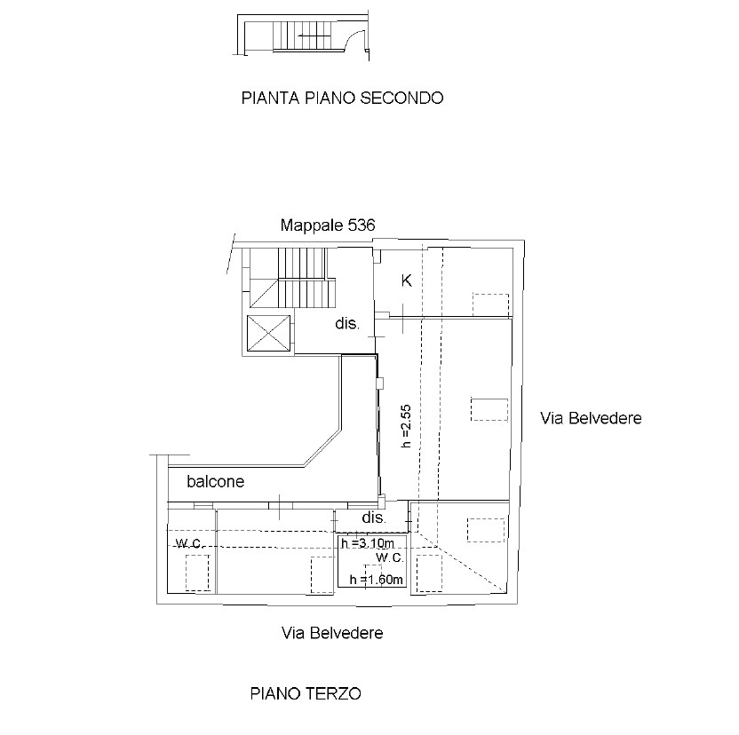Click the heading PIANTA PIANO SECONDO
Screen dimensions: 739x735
[x=342, y=98]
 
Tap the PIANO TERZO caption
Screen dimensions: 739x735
[x=306, y=693]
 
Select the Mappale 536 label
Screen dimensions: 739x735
[x=328, y=225]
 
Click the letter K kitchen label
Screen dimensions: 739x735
[x=406, y=281]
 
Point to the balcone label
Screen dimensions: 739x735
[x=216, y=481]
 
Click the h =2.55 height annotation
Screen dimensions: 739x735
[x=406, y=426]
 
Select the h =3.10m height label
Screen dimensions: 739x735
[x=368, y=543]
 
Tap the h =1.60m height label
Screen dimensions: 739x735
[x=376, y=580]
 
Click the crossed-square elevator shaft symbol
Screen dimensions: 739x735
[x=268, y=333]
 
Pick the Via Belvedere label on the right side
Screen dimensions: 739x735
[x=591, y=418]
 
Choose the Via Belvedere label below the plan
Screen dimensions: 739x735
[x=332, y=633]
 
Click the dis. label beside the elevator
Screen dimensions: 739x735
[x=347, y=324]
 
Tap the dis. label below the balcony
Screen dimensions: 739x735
[x=374, y=518]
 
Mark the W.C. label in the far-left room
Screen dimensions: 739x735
[x=189, y=543]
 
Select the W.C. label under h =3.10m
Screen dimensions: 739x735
[x=390, y=557]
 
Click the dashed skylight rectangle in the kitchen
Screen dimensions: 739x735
[x=490, y=304]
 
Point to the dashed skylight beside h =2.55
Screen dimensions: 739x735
[x=489, y=409]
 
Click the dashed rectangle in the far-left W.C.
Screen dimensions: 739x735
[x=197, y=573]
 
